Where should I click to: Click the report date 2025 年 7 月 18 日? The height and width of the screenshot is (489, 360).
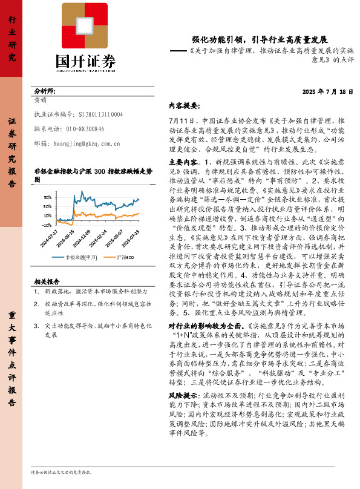[x=327, y=91]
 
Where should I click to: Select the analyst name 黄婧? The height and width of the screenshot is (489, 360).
[x=41, y=100]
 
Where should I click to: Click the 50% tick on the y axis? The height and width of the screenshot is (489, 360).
[x=47, y=197]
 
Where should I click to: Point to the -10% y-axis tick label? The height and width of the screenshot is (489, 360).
[x=46, y=225]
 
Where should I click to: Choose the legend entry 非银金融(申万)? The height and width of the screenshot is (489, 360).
[x=82, y=257]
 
